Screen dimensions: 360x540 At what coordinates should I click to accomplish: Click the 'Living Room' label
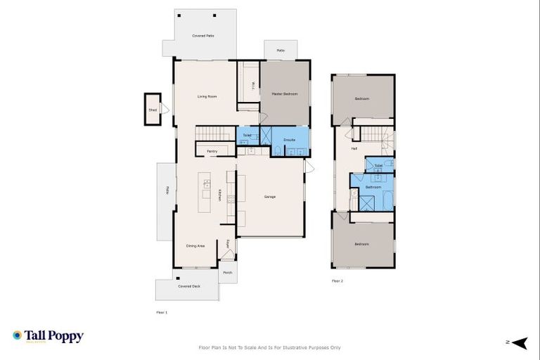[x=207, y=96]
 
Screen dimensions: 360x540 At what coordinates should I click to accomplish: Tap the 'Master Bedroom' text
[x=285, y=94]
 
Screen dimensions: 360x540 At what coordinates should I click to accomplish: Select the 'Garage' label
[x=269, y=196]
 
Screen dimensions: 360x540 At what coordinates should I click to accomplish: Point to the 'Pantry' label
[x=212, y=151]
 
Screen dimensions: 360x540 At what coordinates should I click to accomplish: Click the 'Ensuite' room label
[x=289, y=140]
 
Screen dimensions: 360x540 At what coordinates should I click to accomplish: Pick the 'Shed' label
[x=152, y=110]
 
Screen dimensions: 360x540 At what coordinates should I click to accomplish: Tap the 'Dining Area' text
[x=195, y=245]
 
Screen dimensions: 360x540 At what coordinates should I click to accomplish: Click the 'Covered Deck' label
[x=188, y=286]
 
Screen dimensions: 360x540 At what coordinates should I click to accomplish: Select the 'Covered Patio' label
[x=203, y=35]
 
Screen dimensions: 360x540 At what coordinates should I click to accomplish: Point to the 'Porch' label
[x=227, y=273]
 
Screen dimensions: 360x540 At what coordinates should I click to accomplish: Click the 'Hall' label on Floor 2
[x=354, y=148]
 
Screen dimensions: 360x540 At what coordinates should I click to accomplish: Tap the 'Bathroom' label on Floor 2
[x=373, y=187]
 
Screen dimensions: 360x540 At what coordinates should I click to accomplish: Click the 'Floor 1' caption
[x=162, y=311]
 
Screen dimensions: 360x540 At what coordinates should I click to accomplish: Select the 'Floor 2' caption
[x=337, y=281]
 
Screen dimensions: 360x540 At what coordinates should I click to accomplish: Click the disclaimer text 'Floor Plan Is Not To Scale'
[x=270, y=347]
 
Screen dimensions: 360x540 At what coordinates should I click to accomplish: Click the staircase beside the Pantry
[x=213, y=134]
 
